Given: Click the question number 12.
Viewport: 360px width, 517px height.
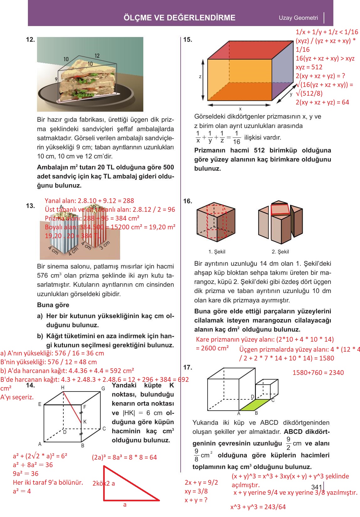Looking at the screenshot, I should (30, 40).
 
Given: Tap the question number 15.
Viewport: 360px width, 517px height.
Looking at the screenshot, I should (188, 40).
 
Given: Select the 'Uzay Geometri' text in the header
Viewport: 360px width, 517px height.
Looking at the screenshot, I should (298, 18).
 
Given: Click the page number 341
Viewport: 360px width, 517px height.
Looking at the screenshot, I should (317, 487).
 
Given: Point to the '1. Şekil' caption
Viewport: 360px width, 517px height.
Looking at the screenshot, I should (217, 252).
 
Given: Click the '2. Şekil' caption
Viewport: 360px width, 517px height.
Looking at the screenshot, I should (280, 252).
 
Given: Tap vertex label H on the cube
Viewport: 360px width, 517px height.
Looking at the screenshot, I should (63, 388).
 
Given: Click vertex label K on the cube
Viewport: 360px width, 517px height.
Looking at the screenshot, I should (85, 422).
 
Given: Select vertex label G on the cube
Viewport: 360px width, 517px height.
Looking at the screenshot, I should (103, 389).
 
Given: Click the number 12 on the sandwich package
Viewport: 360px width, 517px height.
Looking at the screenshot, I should (97, 56).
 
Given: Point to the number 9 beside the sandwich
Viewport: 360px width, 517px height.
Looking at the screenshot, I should (56, 79).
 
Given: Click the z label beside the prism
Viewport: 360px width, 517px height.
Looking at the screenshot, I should (200, 77).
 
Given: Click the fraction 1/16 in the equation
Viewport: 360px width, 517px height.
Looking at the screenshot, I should (236, 137).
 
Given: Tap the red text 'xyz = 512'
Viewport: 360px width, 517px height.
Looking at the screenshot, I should (309, 67).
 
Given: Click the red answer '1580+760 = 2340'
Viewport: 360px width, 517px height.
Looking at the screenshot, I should (318, 373).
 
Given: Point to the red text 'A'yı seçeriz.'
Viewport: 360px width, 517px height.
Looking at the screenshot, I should (17, 397).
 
